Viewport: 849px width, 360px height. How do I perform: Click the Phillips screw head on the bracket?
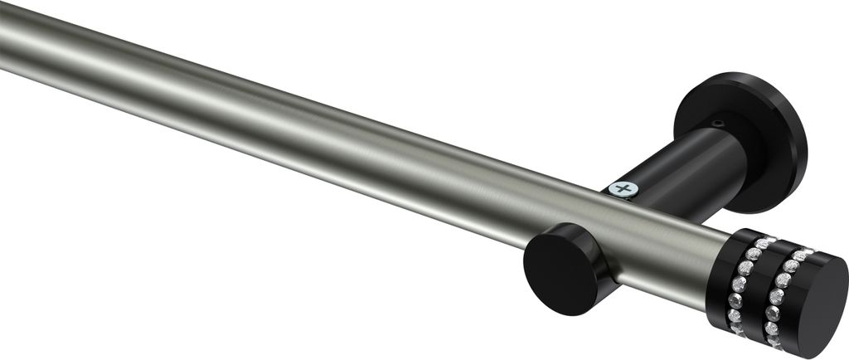pyautogui.click(x=622, y=189)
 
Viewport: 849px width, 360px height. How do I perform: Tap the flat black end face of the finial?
pyautogui.click(x=817, y=298)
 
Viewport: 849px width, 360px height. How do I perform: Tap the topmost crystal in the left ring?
pyautogui.click(x=761, y=241)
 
